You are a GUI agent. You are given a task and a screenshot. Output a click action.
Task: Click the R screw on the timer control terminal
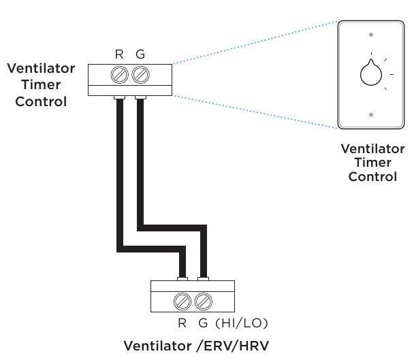[x=121, y=73]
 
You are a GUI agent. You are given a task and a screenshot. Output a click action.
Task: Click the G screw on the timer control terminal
[x=140, y=73]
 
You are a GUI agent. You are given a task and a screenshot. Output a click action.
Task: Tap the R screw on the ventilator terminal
[x=182, y=300]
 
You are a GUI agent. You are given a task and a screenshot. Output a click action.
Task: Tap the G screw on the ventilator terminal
[x=202, y=300]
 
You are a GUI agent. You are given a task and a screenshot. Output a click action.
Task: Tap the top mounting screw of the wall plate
[x=370, y=34]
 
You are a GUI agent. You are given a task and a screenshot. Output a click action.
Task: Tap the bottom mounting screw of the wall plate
[x=370, y=115]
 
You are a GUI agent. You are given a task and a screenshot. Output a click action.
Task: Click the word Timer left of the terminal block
[x=41, y=85]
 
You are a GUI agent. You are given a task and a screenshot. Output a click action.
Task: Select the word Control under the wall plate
[x=372, y=177]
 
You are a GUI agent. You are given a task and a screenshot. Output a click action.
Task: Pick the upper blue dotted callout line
[x=255, y=43]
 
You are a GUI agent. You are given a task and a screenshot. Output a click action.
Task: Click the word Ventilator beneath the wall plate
[x=372, y=148]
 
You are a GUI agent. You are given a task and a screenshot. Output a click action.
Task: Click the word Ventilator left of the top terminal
[x=41, y=69]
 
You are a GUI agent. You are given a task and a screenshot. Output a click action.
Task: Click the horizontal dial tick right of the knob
[x=393, y=74]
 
